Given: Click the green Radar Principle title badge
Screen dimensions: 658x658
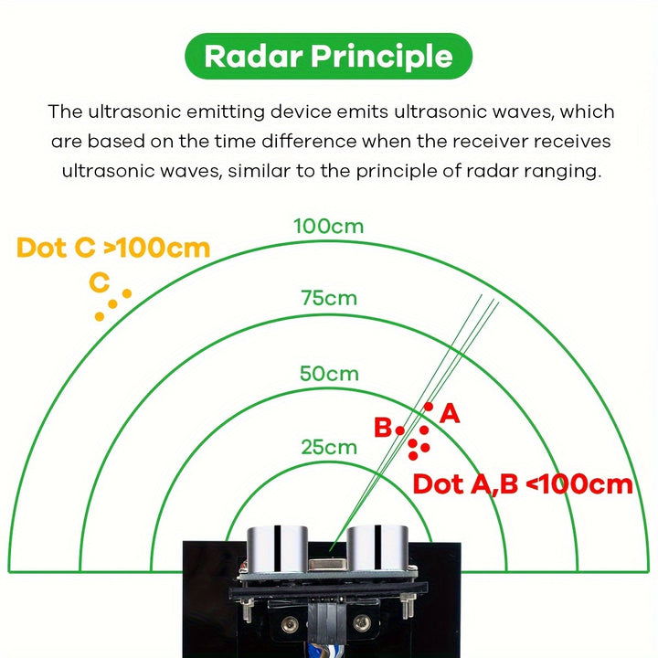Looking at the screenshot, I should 328,56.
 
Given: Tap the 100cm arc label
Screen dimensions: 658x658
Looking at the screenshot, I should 329,226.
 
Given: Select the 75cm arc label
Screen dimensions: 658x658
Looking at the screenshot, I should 329,298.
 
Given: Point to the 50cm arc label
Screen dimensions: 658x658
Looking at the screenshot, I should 329,374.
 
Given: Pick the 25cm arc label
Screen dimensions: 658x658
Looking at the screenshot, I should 329,447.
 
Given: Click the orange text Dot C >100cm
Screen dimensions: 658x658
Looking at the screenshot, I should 113,248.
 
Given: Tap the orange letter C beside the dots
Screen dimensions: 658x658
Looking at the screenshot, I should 100,283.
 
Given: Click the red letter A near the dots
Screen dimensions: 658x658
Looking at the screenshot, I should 450,414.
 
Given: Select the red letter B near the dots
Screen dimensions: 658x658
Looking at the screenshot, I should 383,428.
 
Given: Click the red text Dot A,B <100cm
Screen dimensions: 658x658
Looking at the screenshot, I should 523,483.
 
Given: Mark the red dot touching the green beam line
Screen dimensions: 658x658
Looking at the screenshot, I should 429,407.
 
